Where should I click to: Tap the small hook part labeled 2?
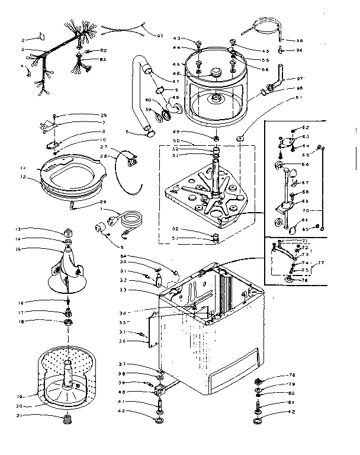tap(40, 36)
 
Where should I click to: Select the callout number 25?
tap(104, 115)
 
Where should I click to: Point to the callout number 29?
tap(104, 203)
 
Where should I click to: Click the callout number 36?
tap(122, 341)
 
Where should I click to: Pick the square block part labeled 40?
tap(159, 392)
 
